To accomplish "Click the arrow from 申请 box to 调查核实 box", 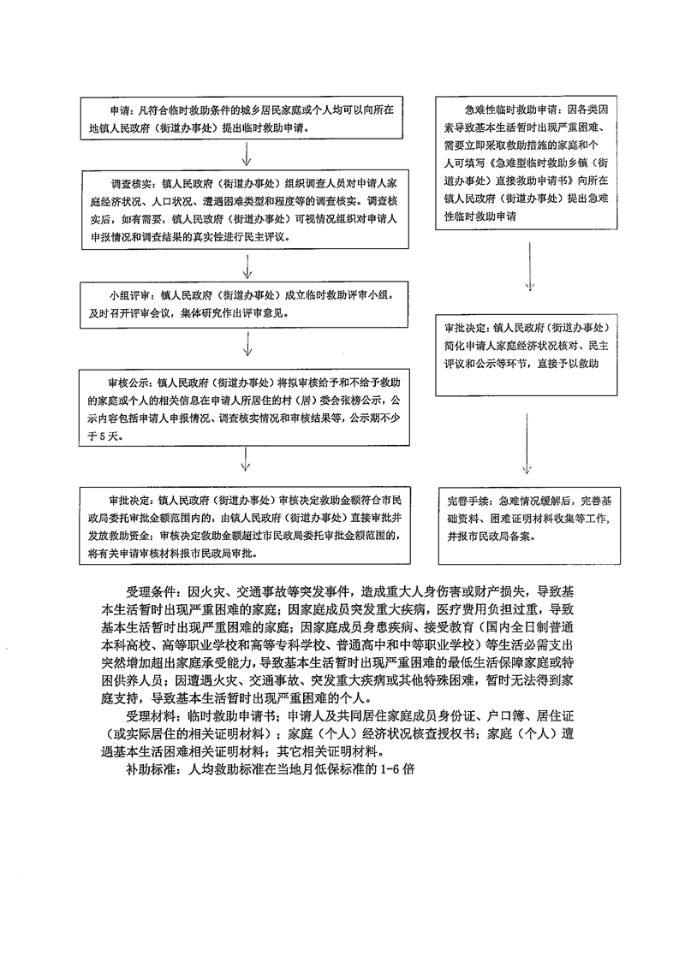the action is click(246, 154).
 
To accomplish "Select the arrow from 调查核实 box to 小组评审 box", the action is click(247, 267).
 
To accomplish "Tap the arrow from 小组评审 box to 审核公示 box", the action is click(247, 344).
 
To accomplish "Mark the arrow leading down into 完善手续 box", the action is click(527, 443).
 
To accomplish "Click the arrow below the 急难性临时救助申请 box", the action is click(530, 267).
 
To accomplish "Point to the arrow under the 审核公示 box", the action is click(246, 459).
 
